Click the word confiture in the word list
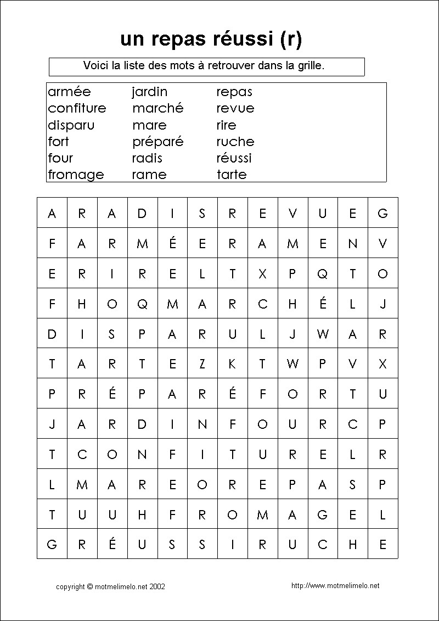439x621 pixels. (77, 108)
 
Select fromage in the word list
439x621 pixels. (76, 175)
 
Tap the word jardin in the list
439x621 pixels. (149, 92)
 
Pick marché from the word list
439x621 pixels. (157, 108)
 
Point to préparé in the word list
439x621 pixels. (157, 142)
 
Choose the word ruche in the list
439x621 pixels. (235, 142)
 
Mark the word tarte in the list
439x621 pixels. (232, 175)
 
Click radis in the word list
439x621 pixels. (147, 158)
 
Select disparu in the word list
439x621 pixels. (71, 125)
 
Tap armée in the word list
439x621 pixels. (69, 92)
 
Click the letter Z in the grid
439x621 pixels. (202, 363)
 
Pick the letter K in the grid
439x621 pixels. (232, 363)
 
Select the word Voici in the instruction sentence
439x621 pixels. (95, 65)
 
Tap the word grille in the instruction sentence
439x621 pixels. (310, 65)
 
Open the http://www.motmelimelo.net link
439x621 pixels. (335, 586)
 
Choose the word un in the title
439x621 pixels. (132, 40)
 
